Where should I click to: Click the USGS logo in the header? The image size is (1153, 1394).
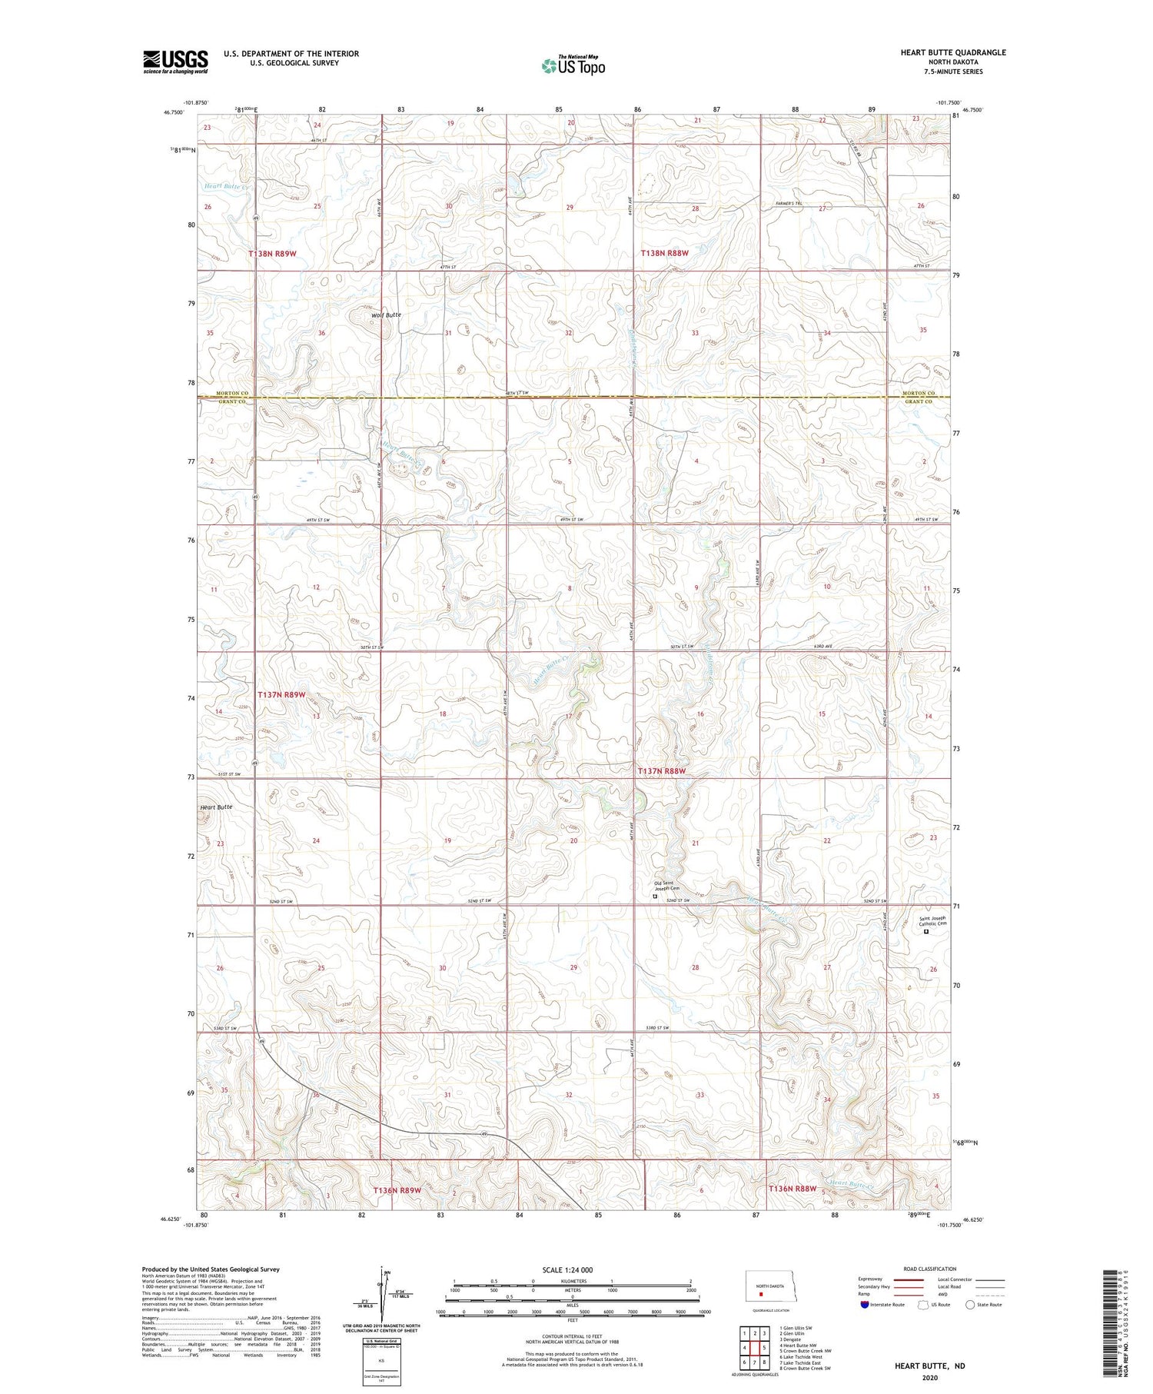[x=175, y=62]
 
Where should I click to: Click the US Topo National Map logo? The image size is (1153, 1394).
[x=573, y=65]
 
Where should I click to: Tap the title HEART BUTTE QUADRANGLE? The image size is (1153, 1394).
[x=952, y=52]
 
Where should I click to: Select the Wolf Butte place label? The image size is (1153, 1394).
[x=386, y=315]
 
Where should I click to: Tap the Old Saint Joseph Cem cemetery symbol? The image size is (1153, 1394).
[x=655, y=896]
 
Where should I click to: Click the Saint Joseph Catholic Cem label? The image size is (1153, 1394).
[x=932, y=920]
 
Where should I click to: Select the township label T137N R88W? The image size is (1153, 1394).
[x=661, y=770]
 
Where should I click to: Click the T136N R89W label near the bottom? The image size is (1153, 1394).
[x=397, y=1190]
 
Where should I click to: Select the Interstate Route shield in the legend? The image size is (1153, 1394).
[x=865, y=1305]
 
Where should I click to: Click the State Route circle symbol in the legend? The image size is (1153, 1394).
[x=970, y=1305]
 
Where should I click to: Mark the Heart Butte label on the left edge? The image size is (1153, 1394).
[x=216, y=807]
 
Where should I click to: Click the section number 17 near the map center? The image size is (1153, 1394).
[x=568, y=716]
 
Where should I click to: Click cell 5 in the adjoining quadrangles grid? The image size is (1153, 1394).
[x=763, y=1348]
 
